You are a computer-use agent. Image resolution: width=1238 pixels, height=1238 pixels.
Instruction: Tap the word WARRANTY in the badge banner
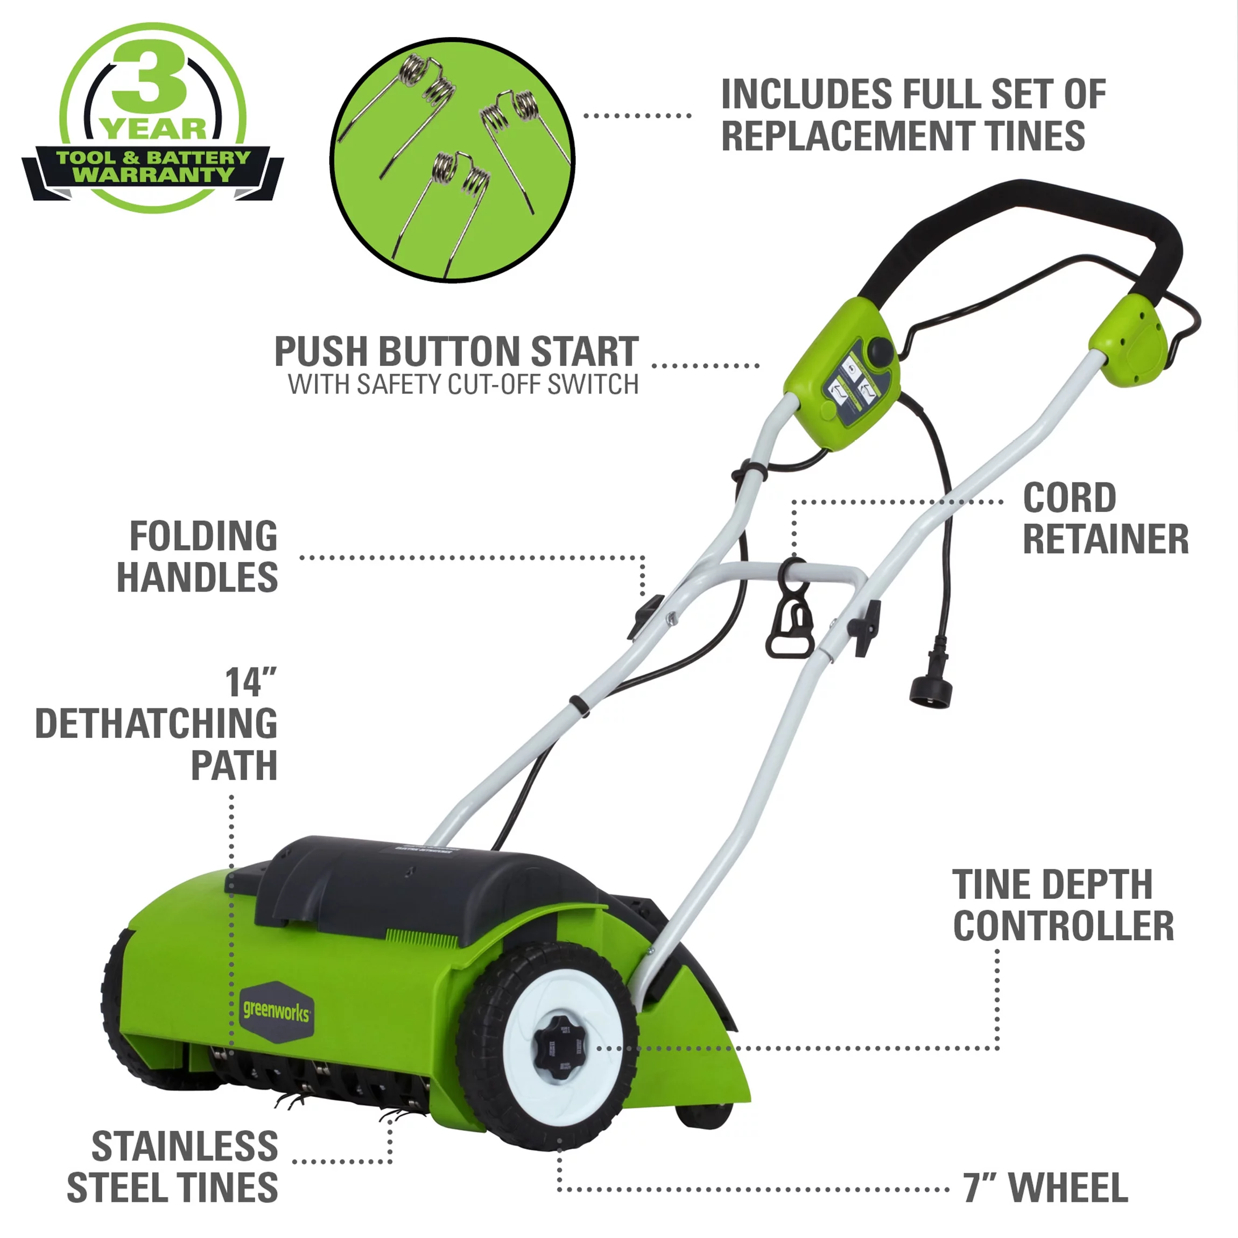pos(154,174)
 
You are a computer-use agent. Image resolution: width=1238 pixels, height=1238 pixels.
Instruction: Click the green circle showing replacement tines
pos(452,160)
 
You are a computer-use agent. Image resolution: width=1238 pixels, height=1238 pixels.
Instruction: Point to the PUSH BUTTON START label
pos(456,352)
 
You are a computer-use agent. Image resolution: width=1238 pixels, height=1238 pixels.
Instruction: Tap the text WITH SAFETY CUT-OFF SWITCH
pos(463,384)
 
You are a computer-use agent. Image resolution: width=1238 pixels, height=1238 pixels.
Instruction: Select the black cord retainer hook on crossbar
pos(790,622)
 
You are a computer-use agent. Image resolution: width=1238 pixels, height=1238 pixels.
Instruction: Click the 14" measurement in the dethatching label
pos(250,683)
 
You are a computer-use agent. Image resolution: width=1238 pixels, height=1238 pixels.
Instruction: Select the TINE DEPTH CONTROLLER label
pos(1063,905)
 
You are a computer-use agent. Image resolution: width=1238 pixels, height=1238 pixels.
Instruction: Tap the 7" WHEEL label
pos(1045,1187)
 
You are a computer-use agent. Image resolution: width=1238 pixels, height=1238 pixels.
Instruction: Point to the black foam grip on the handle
pos(1025,224)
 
